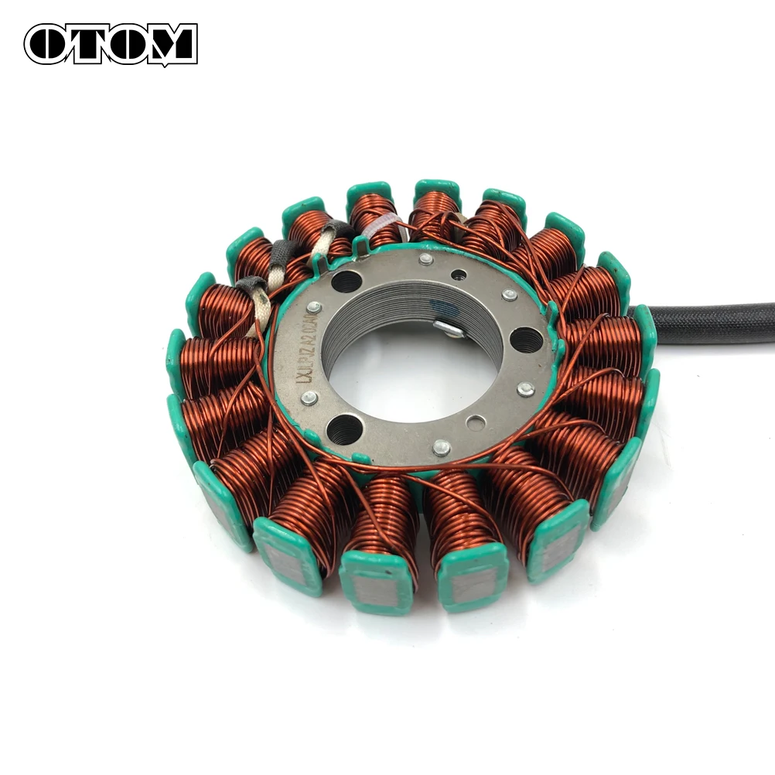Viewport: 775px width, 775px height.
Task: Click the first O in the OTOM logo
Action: [x=50, y=44]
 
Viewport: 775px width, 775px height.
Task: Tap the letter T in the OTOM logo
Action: [x=87, y=44]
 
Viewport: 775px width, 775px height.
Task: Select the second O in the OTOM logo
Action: [x=124, y=44]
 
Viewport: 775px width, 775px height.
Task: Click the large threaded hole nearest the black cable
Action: [x=526, y=337]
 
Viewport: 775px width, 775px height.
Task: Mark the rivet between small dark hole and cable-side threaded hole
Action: [x=509, y=295]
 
